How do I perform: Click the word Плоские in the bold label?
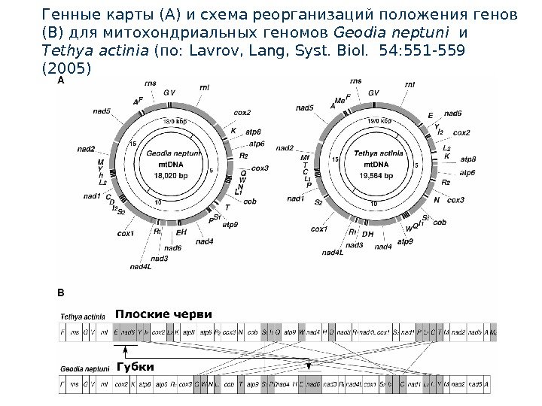139,314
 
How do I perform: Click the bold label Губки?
135,366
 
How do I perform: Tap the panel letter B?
62,288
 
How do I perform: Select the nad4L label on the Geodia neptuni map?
140,266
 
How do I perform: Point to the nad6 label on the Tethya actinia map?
453,113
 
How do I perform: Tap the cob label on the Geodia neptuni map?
251,201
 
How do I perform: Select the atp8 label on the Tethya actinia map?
468,160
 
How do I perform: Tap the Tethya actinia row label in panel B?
83,317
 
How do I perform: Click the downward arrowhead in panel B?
309,365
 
